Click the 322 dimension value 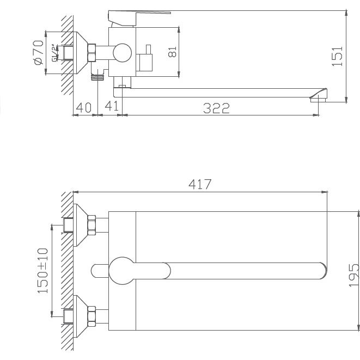(216, 108)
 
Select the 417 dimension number (200, 185)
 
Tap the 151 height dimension (338, 56)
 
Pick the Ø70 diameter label (38, 53)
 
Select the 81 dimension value (173, 53)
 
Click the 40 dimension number (84, 108)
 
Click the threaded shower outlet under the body (98, 76)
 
